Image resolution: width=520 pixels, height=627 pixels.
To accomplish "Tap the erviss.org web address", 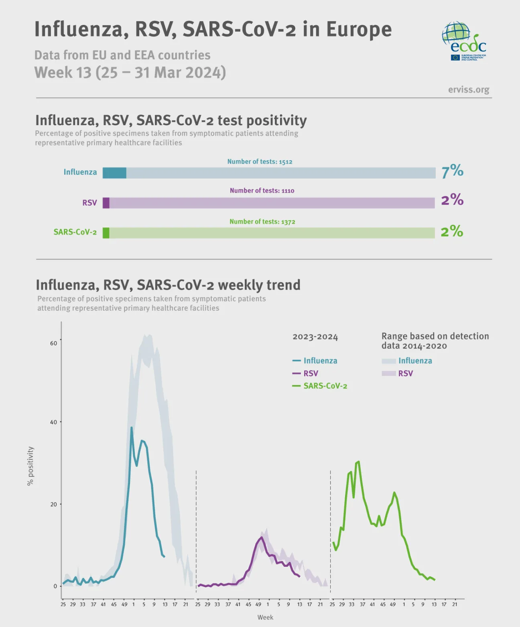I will point(468,90).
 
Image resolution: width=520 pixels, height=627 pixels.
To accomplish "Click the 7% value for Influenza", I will point(452,171).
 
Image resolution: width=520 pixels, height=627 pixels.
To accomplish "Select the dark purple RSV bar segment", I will point(106,203).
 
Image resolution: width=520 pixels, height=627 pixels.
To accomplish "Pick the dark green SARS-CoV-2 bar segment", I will point(106,233).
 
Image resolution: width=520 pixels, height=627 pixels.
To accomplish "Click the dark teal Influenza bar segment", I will point(114,173).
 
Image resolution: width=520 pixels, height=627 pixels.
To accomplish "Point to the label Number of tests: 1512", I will point(260,162).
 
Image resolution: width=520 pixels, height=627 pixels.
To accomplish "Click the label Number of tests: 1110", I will point(262,191).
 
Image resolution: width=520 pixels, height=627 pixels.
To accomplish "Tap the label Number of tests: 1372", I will point(262,222).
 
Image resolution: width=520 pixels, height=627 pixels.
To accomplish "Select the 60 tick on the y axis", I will point(54,343).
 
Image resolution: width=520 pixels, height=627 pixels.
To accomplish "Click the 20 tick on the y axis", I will point(54,504).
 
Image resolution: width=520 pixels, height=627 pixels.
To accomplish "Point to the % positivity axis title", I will point(30,466).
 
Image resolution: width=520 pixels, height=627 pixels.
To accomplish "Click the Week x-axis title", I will point(265,617).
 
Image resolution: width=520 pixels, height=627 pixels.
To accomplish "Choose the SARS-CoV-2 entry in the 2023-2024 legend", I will point(325,386).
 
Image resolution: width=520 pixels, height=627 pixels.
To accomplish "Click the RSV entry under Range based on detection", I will point(405,373).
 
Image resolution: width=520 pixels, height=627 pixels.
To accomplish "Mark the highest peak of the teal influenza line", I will point(131,428).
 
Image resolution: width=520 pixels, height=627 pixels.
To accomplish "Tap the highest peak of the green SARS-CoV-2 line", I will point(358,462).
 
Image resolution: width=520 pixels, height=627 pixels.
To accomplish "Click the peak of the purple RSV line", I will point(262,537).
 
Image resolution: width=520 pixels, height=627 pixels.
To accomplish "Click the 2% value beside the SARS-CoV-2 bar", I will point(452,231).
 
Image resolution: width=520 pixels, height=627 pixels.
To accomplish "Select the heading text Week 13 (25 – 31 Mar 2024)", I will point(130,73).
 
